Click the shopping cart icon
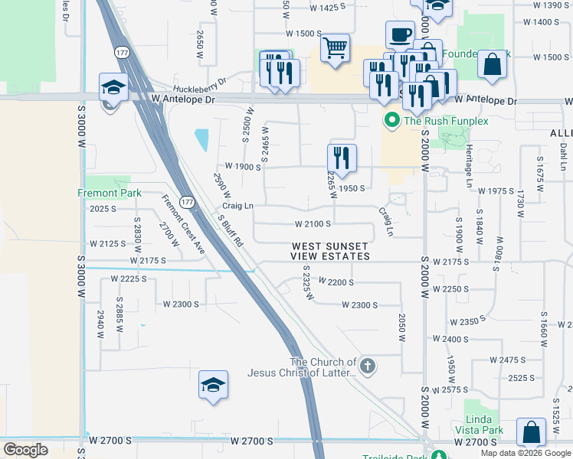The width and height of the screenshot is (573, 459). coord(336,49)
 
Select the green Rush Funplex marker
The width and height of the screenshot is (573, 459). coord(391,120)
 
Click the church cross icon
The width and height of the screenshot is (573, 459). coord(368,366)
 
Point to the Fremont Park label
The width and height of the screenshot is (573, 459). coord(110,194)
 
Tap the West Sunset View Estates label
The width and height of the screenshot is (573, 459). coord(330,251)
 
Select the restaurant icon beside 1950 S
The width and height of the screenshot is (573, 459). coord(342,158)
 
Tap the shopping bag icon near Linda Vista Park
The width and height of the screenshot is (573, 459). coord(531,432)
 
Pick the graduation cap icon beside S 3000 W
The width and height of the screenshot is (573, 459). coord(113,87)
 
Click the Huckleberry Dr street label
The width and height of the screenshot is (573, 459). coord(201,82)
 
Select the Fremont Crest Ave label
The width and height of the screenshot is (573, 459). coord(183,225)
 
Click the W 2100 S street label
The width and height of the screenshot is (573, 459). coord(313,224)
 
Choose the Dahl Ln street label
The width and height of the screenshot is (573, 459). coord(563,156)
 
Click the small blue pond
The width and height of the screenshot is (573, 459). coord(201,140)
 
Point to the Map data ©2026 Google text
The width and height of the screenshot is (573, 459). coord(525,453)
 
